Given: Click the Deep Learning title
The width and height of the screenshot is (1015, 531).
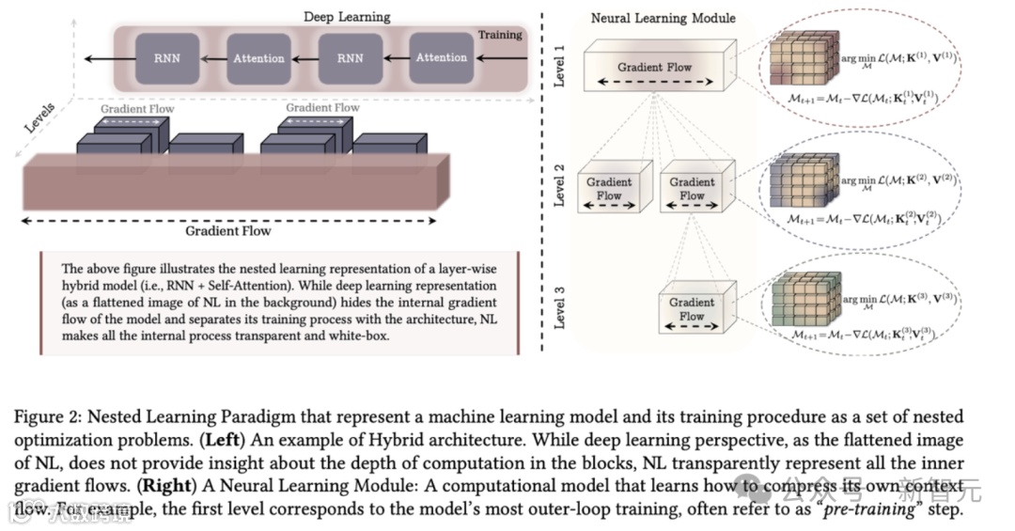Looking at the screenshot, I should [x=347, y=17].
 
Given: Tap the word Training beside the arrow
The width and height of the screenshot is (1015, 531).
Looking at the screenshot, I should [x=500, y=35].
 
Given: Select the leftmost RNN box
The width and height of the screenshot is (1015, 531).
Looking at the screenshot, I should [x=165, y=58].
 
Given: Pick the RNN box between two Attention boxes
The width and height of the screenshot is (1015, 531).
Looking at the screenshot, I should [x=350, y=58].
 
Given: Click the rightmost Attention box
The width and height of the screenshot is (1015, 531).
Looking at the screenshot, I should [x=441, y=58].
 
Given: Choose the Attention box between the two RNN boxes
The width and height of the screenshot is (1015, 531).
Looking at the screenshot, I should [x=258, y=58].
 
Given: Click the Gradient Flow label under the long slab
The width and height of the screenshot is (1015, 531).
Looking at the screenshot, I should [x=227, y=230].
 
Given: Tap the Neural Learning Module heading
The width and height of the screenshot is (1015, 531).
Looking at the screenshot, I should [x=663, y=18].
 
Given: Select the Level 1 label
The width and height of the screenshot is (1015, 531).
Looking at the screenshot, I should [x=559, y=67].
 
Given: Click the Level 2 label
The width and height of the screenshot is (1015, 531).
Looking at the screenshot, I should [x=559, y=184].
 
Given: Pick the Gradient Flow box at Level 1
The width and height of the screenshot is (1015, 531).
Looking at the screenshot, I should [x=654, y=70].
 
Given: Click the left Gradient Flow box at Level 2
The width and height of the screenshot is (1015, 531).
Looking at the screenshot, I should [x=609, y=188].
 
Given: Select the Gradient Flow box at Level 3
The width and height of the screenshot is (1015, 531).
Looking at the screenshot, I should [x=692, y=308].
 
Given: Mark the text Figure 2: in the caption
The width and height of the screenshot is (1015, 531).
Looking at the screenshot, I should [x=45, y=417].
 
